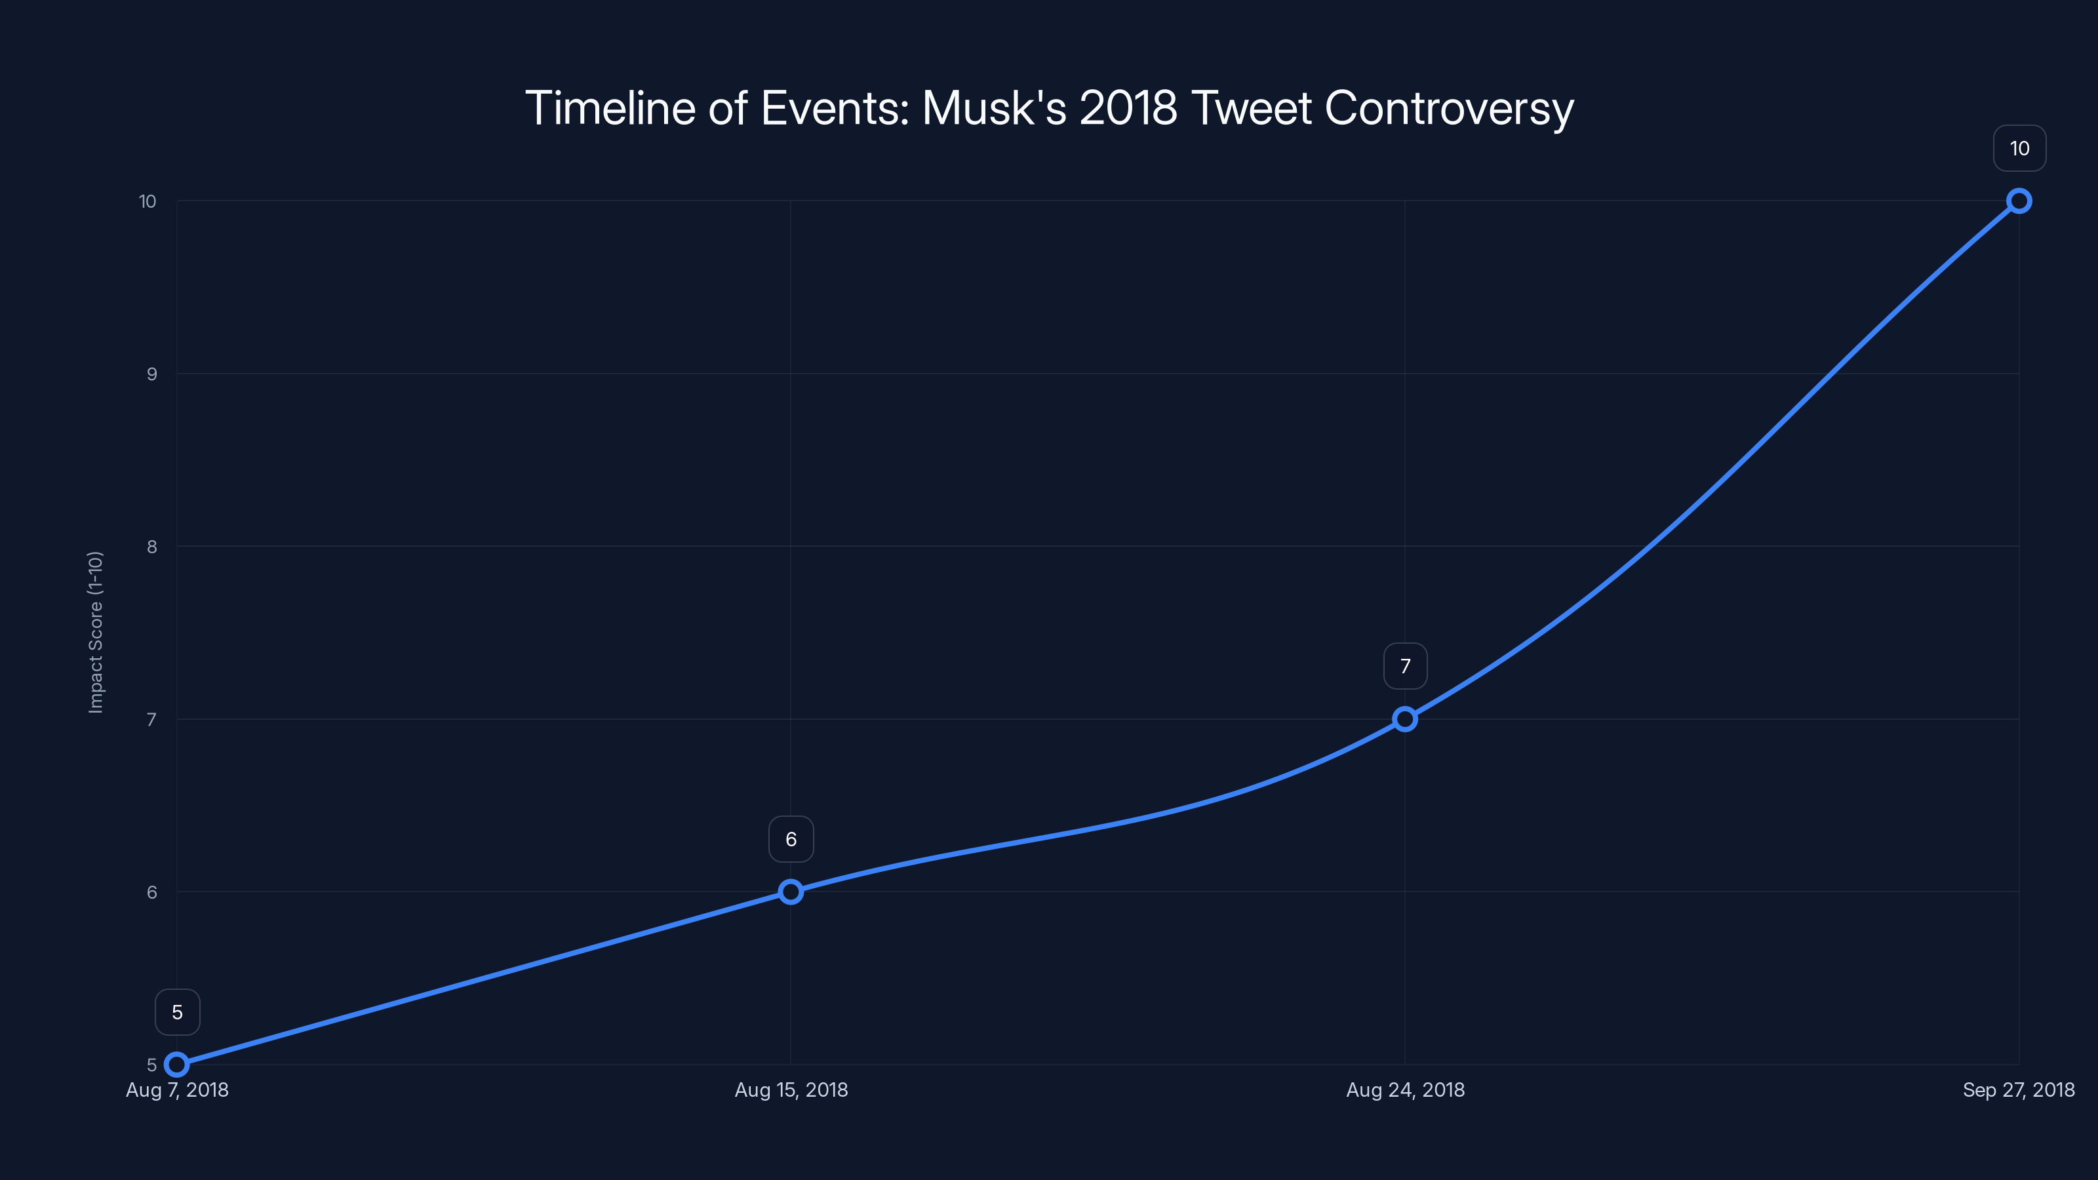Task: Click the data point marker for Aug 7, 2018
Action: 177,1065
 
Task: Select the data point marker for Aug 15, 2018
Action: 791,892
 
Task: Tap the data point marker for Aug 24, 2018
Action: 1405,719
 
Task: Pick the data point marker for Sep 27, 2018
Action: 2019,201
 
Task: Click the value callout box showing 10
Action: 2019,148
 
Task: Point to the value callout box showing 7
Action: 1405,666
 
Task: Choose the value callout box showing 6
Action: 791,840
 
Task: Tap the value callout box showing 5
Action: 178,1012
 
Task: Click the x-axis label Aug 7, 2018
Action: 177,1090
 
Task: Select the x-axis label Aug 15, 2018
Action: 791,1090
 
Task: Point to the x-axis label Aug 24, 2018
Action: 1405,1090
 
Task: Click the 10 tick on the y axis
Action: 148,201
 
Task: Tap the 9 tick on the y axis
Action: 151,374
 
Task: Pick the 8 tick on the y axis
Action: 151,547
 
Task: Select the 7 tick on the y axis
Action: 151,719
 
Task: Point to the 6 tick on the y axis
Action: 151,892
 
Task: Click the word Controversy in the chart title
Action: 1449,108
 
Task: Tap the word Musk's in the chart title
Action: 994,108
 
